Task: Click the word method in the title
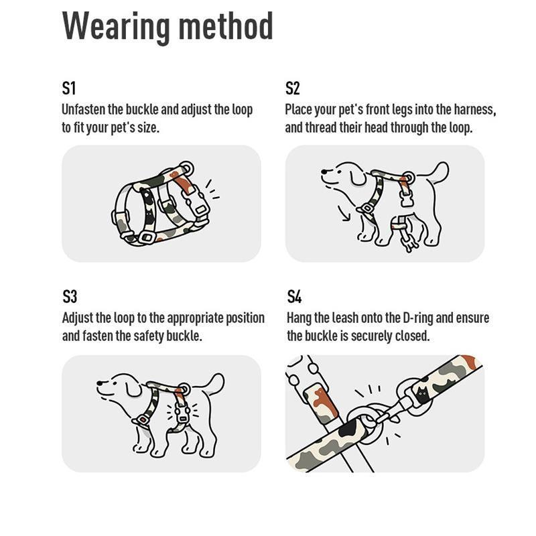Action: (x=226, y=25)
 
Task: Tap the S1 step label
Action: (x=69, y=88)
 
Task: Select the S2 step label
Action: (x=293, y=88)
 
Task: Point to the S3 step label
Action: (x=70, y=296)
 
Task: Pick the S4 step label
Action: (x=294, y=296)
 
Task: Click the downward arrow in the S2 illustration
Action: (x=344, y=213)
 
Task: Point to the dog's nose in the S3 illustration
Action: (x=100, y=383)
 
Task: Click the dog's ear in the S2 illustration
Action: (x=358, y=177)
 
